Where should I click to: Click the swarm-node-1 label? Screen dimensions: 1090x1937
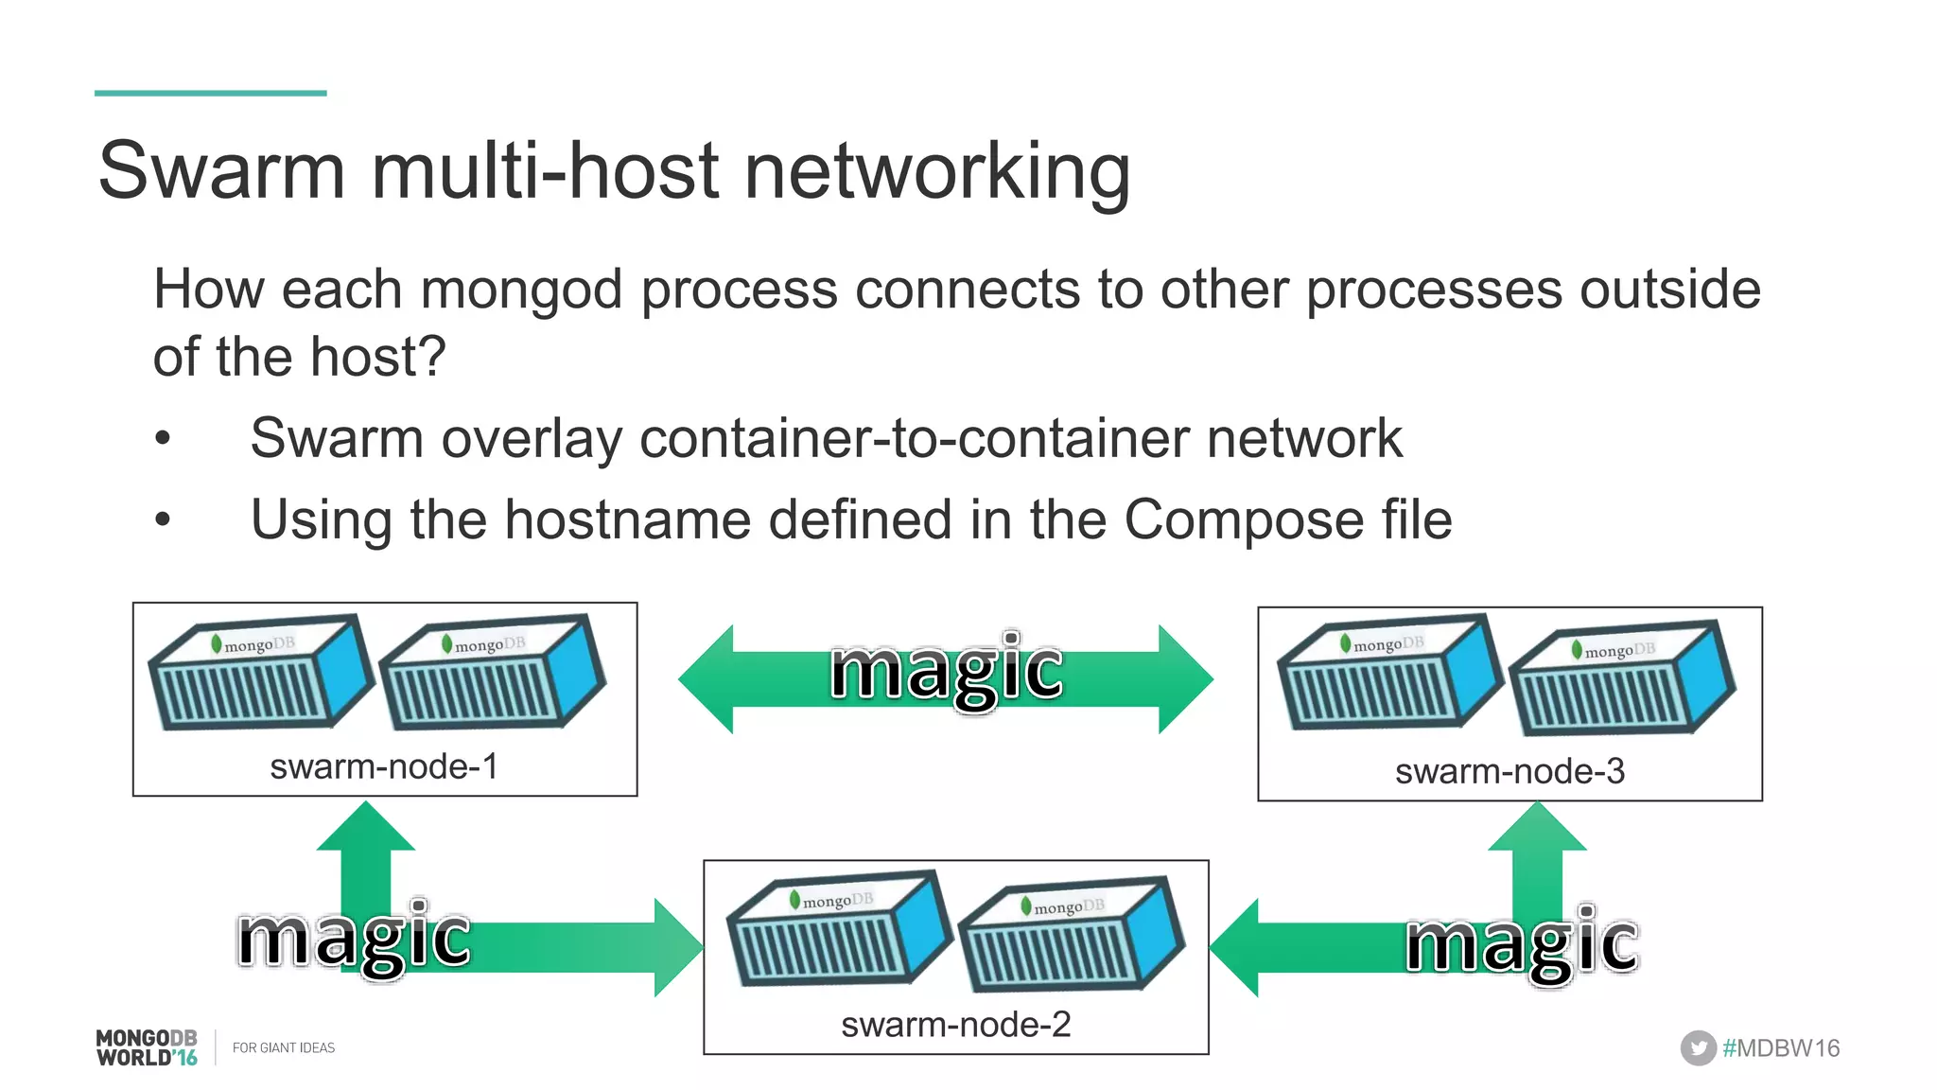point(383,766)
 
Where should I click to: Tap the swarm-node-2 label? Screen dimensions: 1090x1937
point(955,1025)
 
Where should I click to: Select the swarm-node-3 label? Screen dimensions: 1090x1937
point(1509,771)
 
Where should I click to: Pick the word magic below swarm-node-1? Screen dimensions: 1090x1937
point(354,939)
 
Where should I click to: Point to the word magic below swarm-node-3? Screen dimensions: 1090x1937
point(1522,943)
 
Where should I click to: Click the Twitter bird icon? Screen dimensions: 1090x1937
point(1698,1047)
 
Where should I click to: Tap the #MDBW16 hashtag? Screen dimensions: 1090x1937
point(1781,1048)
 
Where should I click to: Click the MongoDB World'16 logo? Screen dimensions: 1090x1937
point(147,1047)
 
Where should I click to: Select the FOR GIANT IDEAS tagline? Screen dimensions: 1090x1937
point(284,1047)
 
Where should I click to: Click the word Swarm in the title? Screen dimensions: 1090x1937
point(221,171)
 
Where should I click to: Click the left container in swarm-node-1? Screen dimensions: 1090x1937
point(260,674)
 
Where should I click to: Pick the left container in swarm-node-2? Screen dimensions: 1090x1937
point(837,929)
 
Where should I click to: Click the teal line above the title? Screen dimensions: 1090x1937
point(210,93)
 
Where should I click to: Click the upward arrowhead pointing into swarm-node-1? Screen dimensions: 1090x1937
point(366,823)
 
